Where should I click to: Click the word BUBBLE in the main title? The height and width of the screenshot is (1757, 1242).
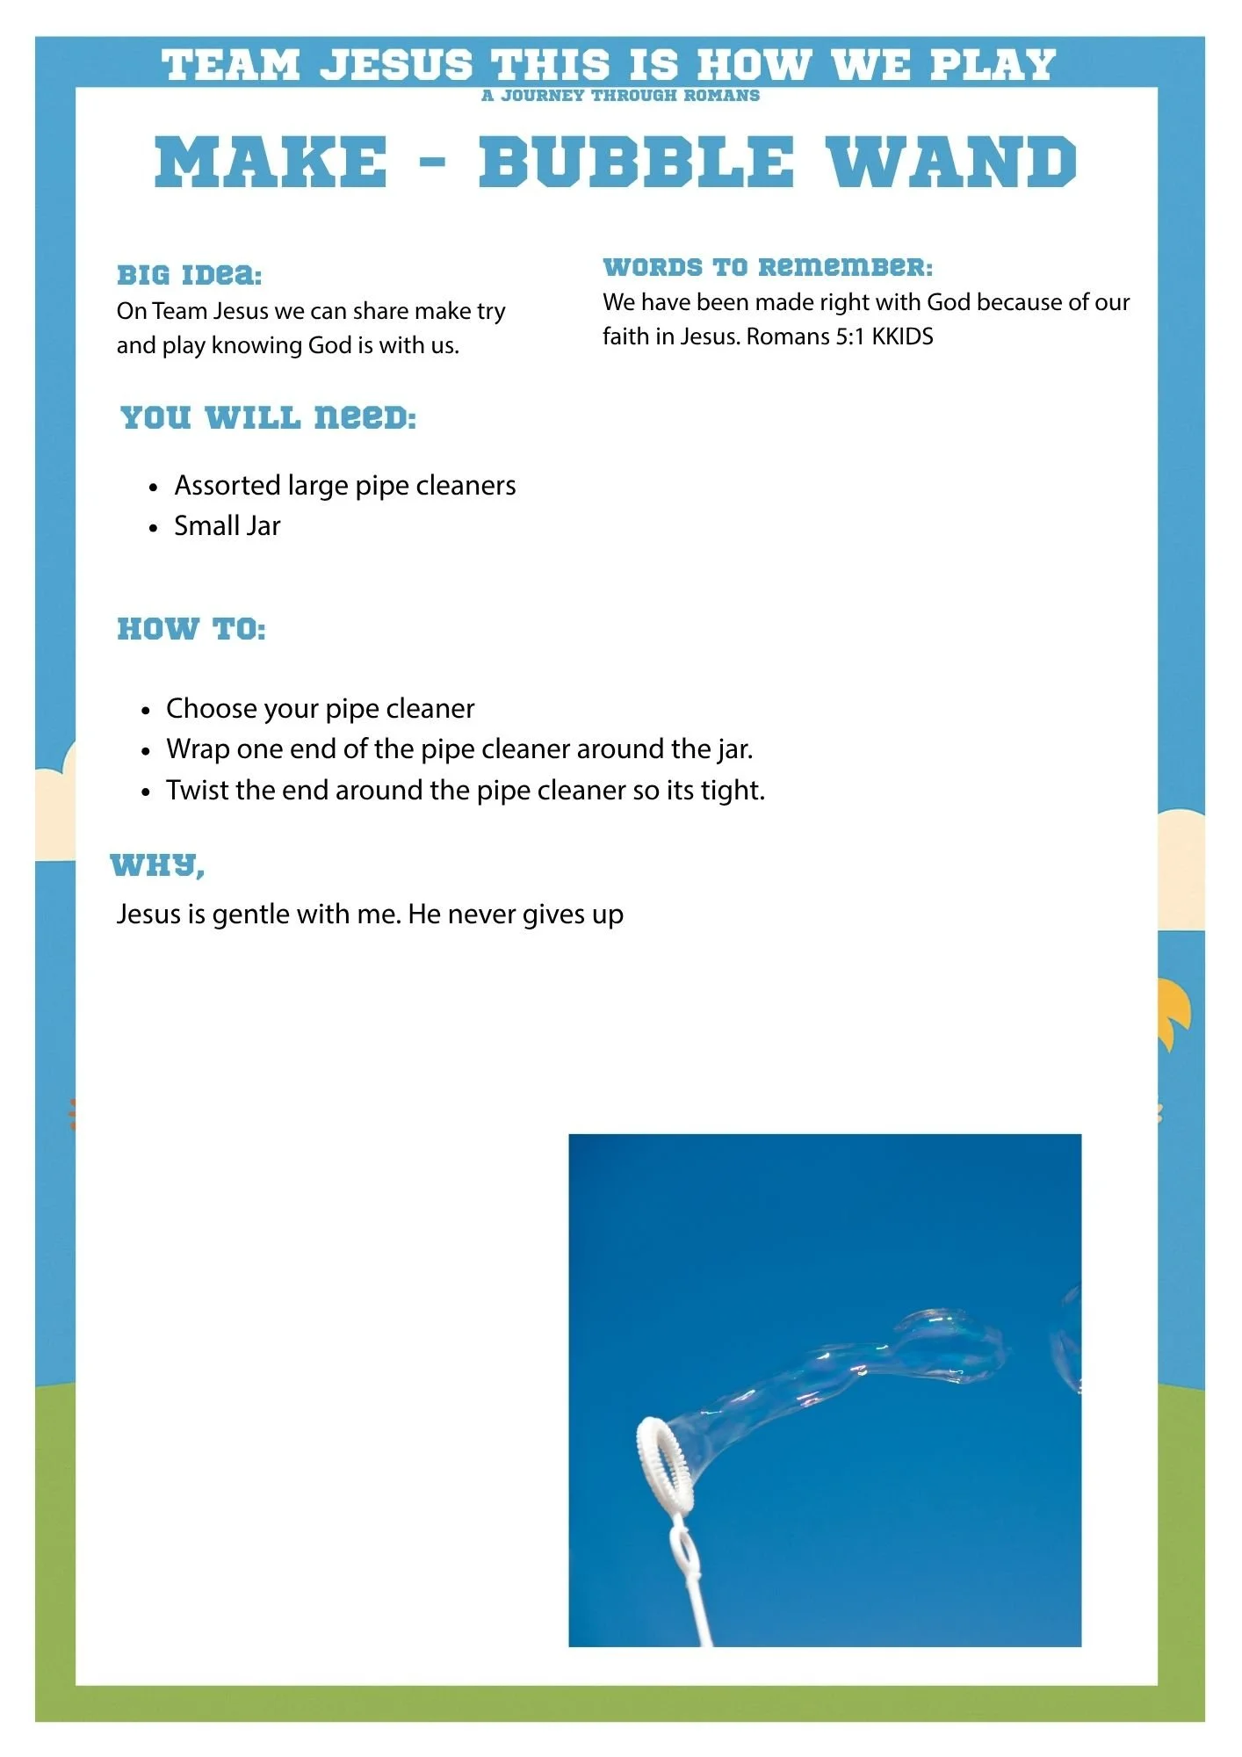635,163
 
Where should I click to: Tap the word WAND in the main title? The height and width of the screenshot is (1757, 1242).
952,163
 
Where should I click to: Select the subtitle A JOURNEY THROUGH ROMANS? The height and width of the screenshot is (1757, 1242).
620,96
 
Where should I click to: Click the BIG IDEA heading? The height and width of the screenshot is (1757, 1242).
190,275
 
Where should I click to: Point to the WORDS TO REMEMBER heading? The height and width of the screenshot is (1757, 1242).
768,267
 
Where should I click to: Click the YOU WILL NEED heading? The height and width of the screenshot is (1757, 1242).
268,417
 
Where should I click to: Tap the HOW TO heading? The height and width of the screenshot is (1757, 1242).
191,629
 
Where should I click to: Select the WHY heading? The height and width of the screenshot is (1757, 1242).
157,866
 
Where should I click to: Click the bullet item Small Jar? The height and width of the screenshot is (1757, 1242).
227,526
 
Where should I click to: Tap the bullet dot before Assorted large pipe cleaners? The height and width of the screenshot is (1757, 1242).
154,488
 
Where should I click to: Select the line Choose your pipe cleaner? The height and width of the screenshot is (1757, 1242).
320,708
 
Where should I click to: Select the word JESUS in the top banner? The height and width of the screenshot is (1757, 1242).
395,66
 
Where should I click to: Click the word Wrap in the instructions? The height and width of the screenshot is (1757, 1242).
196,749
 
